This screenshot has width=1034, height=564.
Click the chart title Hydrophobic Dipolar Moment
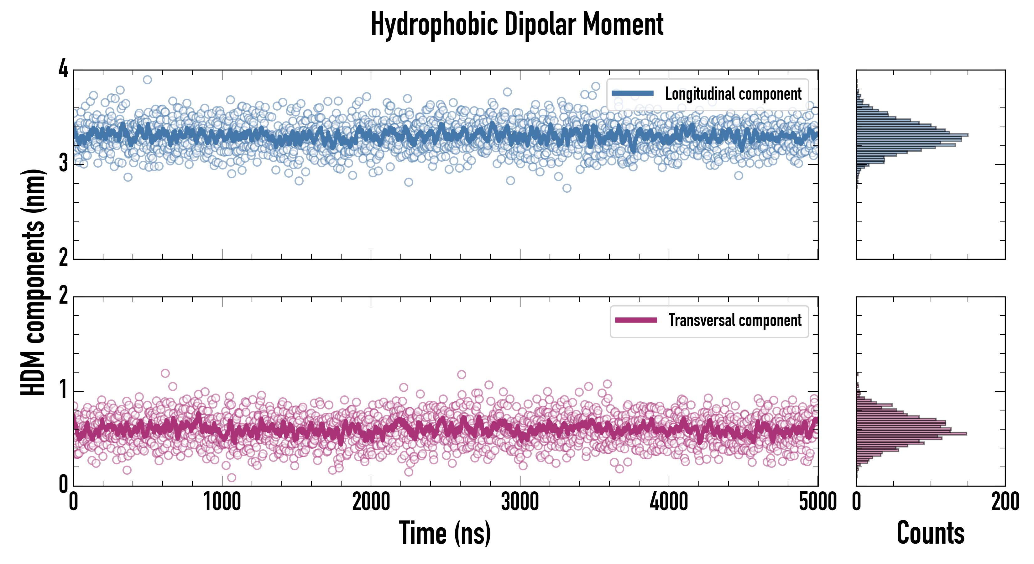pyautogui.click(x=517, y=25)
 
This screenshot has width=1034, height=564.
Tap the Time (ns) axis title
pyautogui.click(x=445, y=533)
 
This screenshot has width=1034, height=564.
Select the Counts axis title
pyautogui.click(x=930, y=533)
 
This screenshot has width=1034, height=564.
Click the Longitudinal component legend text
pyautogui.click(x=733, y=94)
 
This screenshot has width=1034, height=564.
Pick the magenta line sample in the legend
pyautogui.click(x=636, y=320)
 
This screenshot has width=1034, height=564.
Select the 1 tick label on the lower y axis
pyautogui.click(x=63, y=390)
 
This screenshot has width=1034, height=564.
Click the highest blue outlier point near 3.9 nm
pyautogui.click(x=147, y=80)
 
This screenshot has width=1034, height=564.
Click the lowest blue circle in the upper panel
pyautogui.click(x=567, y=188)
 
